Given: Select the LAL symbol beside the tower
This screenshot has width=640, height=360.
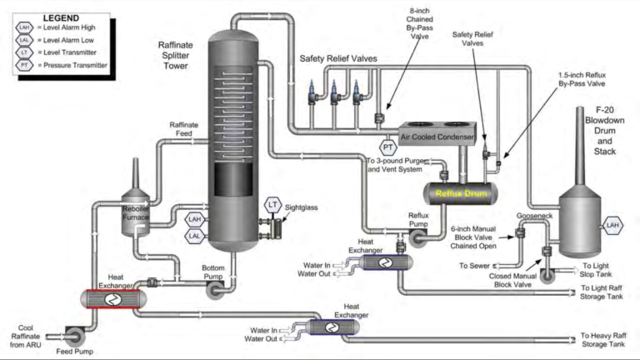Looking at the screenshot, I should [x=194, y=237].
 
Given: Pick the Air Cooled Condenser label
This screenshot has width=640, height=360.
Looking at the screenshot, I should [x=437, y=137].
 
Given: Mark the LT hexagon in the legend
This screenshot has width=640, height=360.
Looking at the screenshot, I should [x=23, y=52].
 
